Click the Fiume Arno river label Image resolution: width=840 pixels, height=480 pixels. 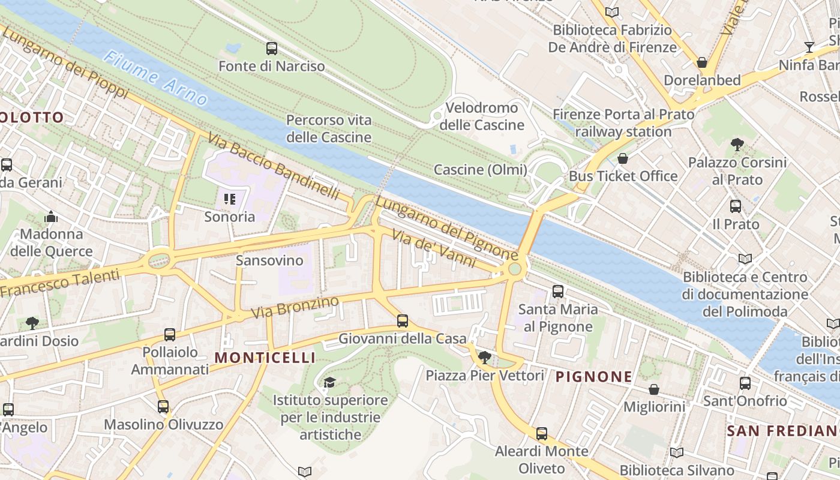(x=155, y=79)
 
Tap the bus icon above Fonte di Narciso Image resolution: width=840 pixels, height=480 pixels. (x=272, y=49)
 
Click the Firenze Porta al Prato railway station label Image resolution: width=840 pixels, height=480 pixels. (x=623, y=123)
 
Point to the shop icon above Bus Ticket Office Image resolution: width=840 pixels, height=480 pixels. (x=623, y=159)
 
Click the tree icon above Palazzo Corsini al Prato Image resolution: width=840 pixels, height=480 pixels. (x=737, y=145)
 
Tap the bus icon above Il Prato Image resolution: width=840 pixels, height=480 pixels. (x=736, y=206)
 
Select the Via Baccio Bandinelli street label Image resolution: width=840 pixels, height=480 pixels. (x=274, y=167)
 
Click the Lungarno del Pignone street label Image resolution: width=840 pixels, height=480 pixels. (x=446, y=228)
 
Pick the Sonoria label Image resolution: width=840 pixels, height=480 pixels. (x=229, y=217)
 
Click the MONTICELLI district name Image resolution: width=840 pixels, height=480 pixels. (x=265, y=358)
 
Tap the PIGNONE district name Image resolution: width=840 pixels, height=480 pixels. (x=593, y=377)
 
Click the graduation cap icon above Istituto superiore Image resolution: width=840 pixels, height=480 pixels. (x=329, y=382)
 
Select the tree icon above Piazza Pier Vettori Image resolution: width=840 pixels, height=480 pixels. (x=485, y=358)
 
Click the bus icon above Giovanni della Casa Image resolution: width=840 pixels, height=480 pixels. (x=403, y=321)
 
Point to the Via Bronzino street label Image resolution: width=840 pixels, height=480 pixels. (x=295, y=308)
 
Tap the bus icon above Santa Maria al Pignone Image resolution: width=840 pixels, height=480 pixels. (x=558, y=292)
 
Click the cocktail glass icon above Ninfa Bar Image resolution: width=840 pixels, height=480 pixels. (x=809, y=47)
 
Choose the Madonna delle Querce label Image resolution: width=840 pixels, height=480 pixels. (x=52, y=242)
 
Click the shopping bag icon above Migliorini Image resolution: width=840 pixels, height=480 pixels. (x=654, y=389)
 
